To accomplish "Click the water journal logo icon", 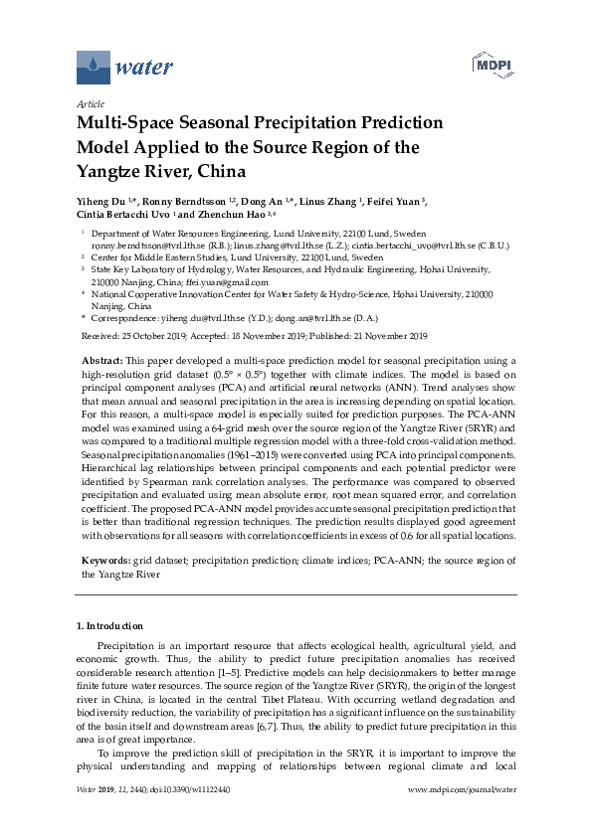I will click(93, 68).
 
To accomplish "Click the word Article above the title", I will click(90, 103).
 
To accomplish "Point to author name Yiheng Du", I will click(101, 201).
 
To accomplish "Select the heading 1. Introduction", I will click(109, 626).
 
